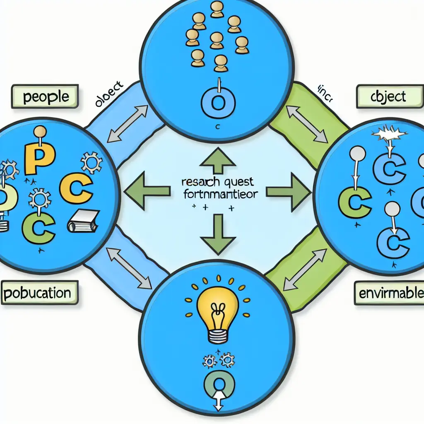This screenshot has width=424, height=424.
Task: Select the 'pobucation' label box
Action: tap(38, 293)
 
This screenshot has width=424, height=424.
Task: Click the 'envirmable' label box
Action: tap(389, 294)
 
